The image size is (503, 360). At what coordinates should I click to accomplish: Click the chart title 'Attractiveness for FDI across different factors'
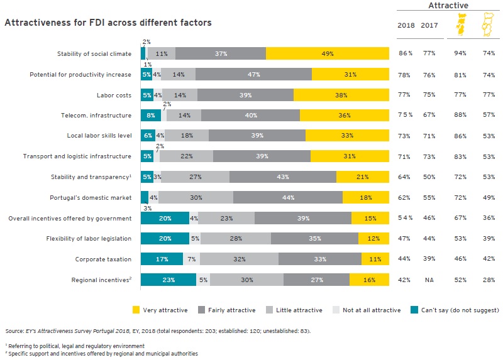pyautogui.click(x=108, y=23)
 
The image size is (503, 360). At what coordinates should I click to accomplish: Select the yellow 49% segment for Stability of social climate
pyautogui.click(x=328, y=54)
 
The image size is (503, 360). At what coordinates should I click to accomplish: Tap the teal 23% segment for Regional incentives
pyautogui.click(x=164, y=279)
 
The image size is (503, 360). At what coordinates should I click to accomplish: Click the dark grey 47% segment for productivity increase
pyautogui.click(x=253, y=74)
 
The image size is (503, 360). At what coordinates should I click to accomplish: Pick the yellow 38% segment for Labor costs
pyautogui.click(x=341, y=95)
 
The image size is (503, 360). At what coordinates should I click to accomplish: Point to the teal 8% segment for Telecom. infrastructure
pyautogui.click(x=151, y=115)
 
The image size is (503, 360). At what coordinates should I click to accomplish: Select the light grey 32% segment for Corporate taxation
pyautogui.click(x=239, y=258)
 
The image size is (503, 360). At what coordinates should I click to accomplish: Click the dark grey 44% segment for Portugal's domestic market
pyautogui.click(x=288, y=197)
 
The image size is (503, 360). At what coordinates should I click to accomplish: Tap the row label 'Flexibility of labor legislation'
pyautogui.click(x=89, y=238)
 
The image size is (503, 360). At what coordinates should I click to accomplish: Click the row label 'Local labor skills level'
pyautogui.click(x=99, y=136)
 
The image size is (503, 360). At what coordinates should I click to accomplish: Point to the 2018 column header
pyautogui.click(x=406, y=25)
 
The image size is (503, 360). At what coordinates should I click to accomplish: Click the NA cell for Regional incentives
pyautogui.click(x=429, y=279)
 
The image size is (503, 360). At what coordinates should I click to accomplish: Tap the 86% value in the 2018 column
pyautogui.click(x=406, y=55)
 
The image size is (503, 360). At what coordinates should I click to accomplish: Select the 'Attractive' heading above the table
pyautogui.click(x=448, y=6)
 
